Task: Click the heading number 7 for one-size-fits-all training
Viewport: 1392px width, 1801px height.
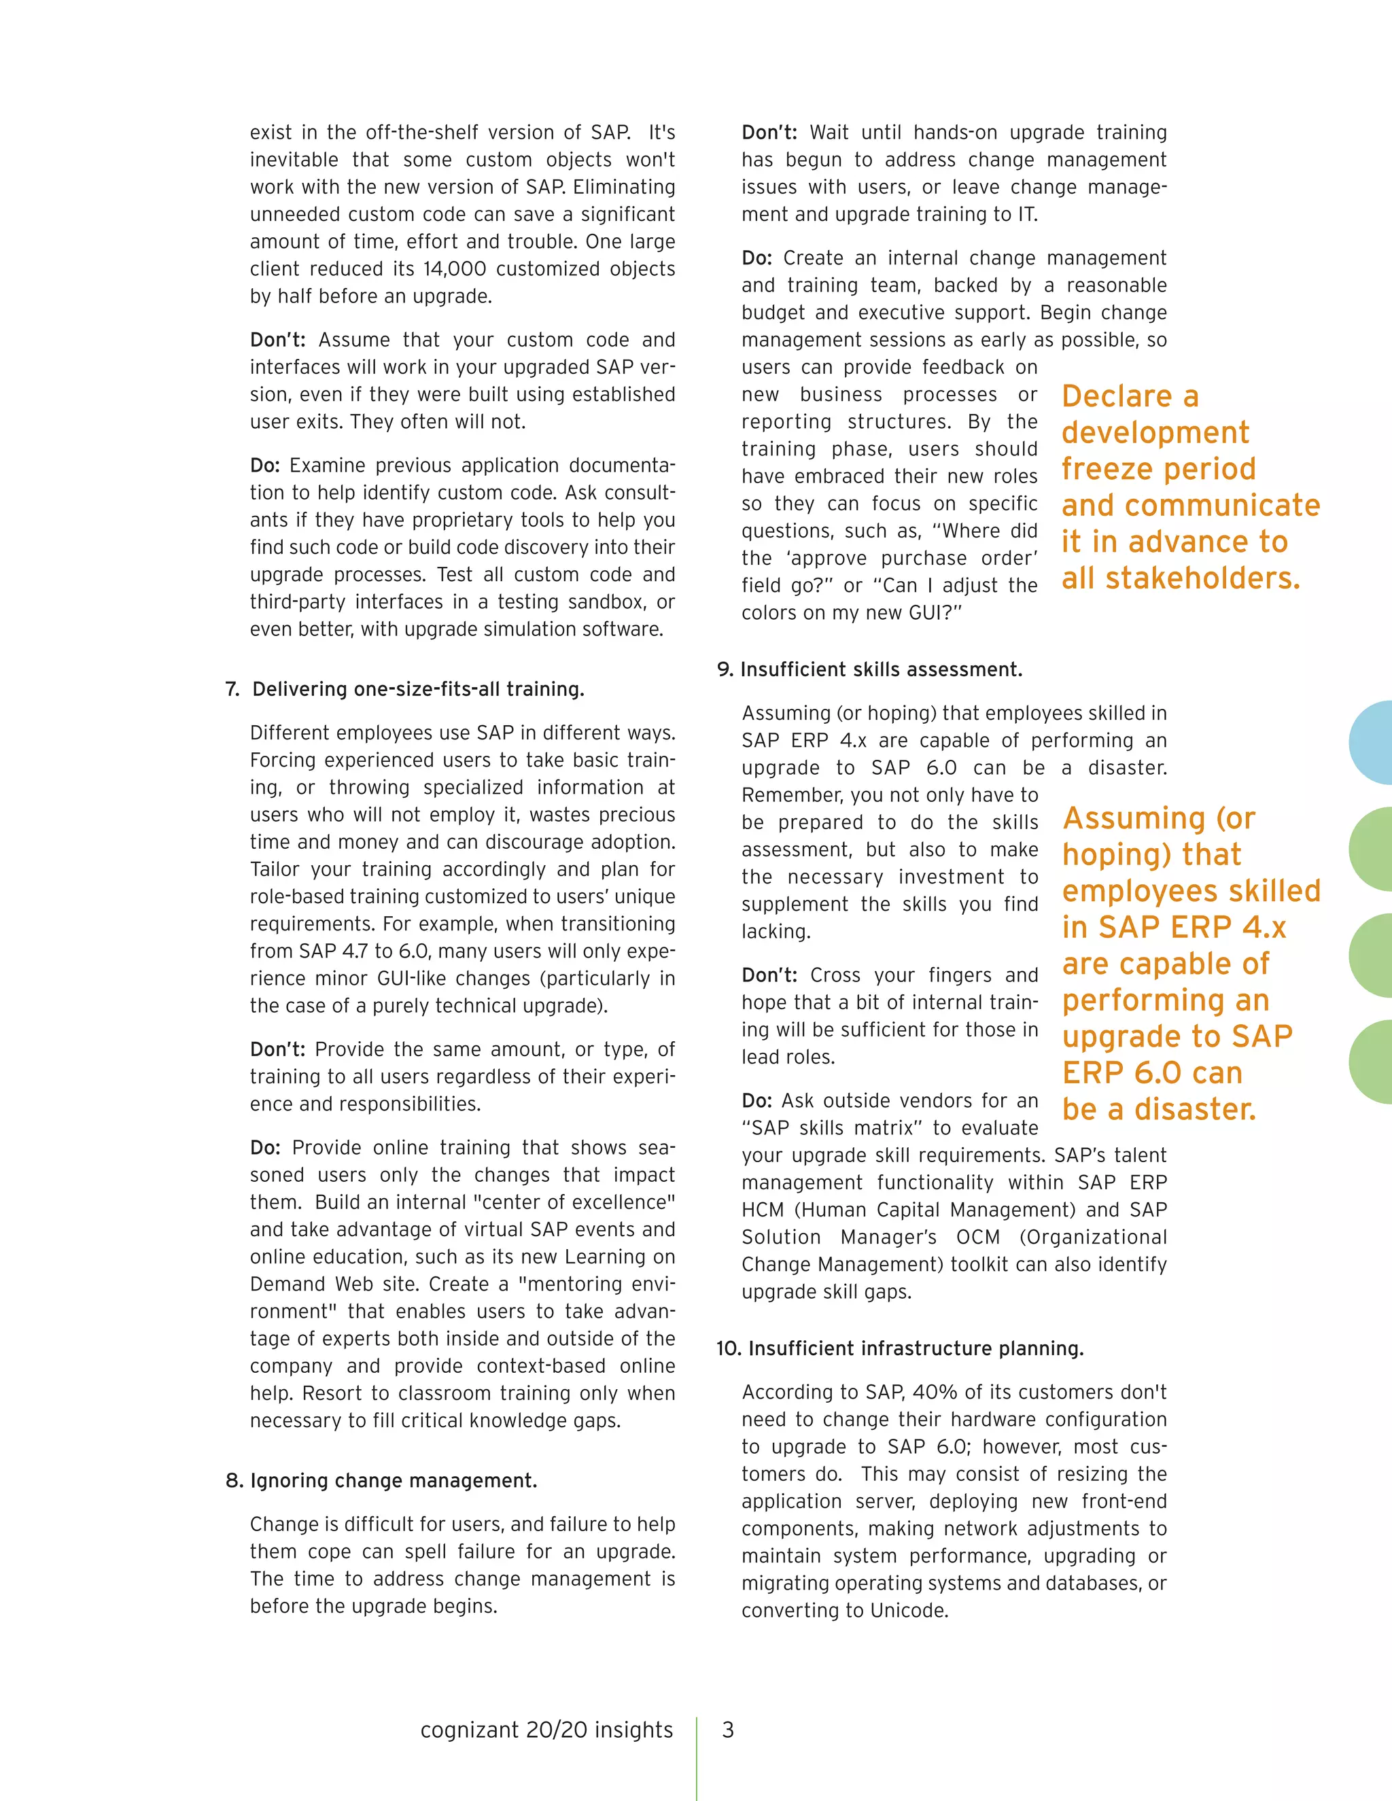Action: [232, 689]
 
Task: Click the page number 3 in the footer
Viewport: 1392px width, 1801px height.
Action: [727, 1730]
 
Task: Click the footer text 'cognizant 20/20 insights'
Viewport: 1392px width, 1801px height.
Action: [546, 1730]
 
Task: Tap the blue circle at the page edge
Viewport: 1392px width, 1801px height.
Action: [1374, 742]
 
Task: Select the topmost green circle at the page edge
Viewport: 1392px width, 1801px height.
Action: [1374, 849]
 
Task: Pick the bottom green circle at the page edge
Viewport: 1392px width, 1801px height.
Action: [1374, 1062]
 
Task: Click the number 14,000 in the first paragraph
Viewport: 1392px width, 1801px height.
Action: [455, 269]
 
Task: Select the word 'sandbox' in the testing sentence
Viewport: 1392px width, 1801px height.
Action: [610, 602]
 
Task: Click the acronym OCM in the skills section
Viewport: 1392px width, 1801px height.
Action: [977, 1237]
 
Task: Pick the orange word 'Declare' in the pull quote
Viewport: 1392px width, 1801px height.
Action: [1117, 397]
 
